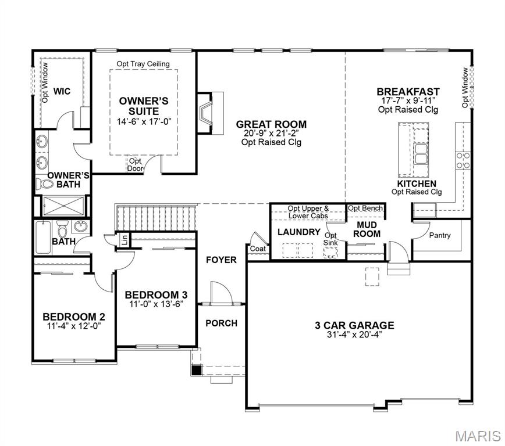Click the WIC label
[62, 91]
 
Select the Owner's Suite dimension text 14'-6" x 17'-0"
[144, 121]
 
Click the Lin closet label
[125, 239]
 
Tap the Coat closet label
[257, 249]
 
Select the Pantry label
[440, 236]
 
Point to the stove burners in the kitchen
[464, 160]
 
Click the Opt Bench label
[365, 208]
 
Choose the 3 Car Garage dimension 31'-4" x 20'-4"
[354, 334]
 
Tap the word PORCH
[222, 323]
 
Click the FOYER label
[222, 260]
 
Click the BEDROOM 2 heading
[74, 316]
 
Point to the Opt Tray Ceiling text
[143, 63]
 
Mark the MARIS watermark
[478, 436]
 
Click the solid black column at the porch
[197, 369]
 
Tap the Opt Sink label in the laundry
[330, 239]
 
